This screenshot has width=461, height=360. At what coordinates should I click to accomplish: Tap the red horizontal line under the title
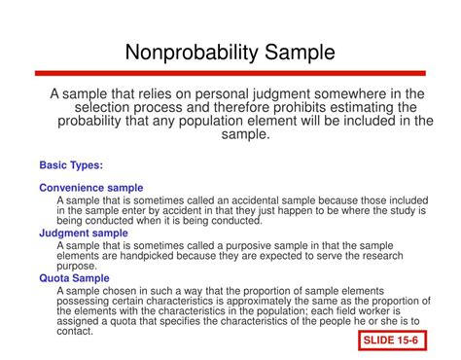[230, 73]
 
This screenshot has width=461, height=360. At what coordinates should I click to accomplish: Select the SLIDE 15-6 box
[395, 342]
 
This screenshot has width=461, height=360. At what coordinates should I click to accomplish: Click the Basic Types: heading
[71, 164]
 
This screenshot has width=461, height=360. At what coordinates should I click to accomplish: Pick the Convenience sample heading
[91, 188]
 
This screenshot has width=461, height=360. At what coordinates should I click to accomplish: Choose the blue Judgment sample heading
[84, 234]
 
